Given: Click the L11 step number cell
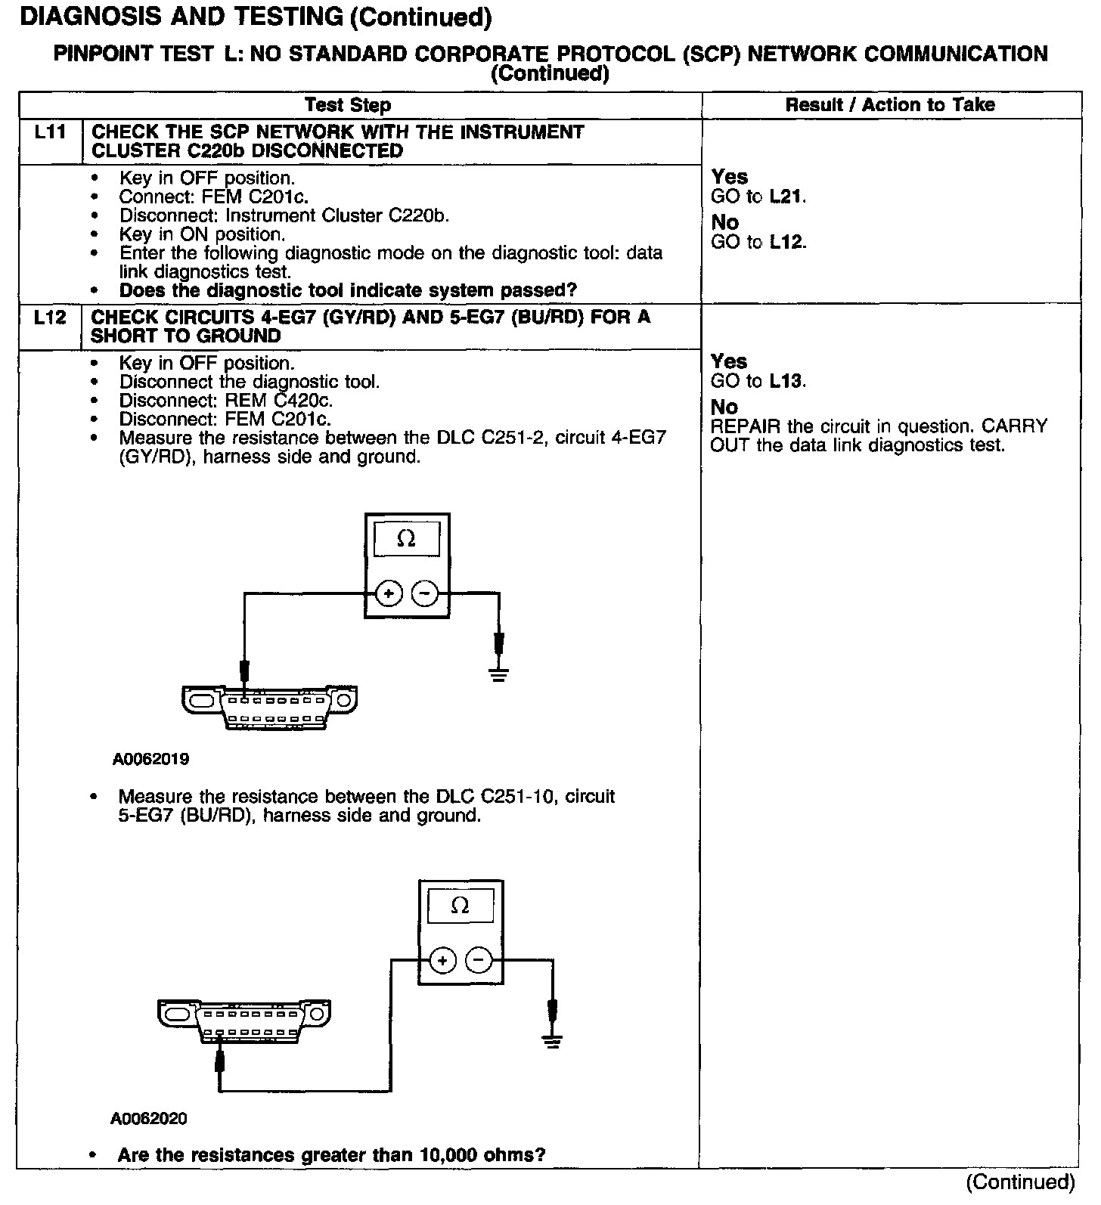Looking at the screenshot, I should tap(50, 132).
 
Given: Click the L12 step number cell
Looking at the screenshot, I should tap(50, 318).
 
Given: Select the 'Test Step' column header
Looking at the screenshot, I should tap(348, 105).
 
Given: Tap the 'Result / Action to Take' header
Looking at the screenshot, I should tap(890, 105).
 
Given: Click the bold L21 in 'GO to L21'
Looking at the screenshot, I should tap(786, 197).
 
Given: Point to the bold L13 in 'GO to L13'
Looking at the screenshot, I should tap(786, 381).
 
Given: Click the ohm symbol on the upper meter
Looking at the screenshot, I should tap(406, 539).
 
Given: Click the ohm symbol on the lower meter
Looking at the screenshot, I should tap(460, 906).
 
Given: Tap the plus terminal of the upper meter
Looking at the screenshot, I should tap(389, 594).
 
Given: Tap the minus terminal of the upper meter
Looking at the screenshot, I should tap(424, 594).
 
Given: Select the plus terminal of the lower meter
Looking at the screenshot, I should tap(442, 961).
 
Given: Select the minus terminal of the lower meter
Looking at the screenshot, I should tap(478, 961).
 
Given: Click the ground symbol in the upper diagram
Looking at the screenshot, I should tap(498, 674).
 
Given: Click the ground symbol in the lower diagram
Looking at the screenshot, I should tap(553, 1041).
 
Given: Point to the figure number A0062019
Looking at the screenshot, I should tap(150, 759).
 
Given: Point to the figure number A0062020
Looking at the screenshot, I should tap(149, 1119).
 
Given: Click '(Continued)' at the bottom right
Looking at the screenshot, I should tap(1020, 1182).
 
